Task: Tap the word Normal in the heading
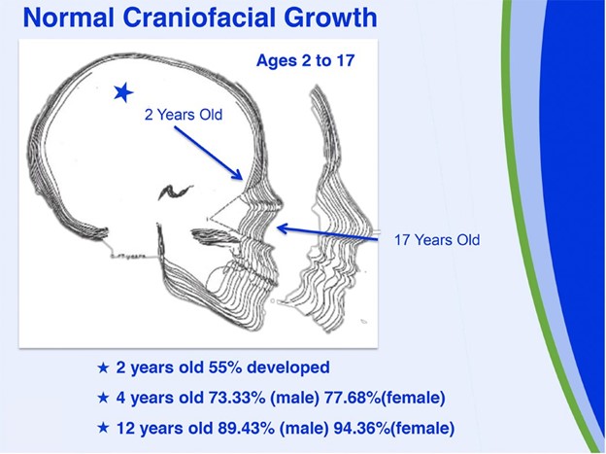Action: pyautogui.click(x=69, y=17)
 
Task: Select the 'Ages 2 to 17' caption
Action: pyautogui.click(x=305, y=61)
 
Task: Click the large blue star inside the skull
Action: pyautogui.click(x=123, y=92)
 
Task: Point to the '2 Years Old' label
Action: pyautogui.click(x=184, y=115)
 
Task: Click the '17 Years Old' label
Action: pyautogui.click(x=437, y=240)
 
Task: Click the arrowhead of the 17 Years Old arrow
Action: pyautogui.click(x=284, y=228)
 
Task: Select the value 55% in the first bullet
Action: pyautogui.click(x=224, y=367)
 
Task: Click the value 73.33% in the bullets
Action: pyautogui.click(x=237, y=398)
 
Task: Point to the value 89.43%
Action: pyautogui.click(x=247, y=428)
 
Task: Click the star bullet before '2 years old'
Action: pyautogui.click(x=103, y=367)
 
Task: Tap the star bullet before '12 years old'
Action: pyautogui.click(x=103, y=428)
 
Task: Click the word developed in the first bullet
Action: pyautogui.click(x=288, y=367)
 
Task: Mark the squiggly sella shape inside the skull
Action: pyautogui.click(x=175, y=192)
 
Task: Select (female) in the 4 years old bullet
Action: pyautogui.click(x=413, y=398)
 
